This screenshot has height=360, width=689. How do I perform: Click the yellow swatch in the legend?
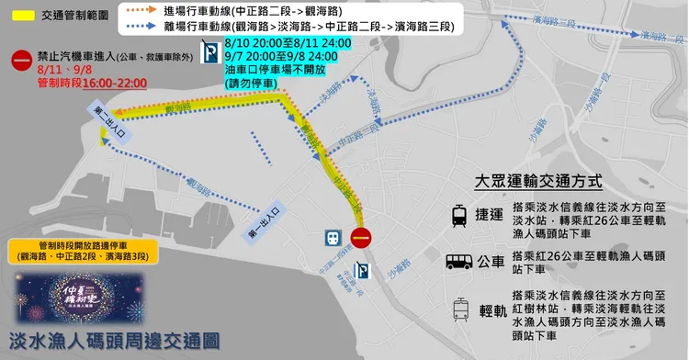pyautogui.click(x=21, y=17)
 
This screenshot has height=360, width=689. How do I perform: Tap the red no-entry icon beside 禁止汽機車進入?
pyautogui.click(x=19, y=62)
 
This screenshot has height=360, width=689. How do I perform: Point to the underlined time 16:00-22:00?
pyautogui.click(x=114, y=83)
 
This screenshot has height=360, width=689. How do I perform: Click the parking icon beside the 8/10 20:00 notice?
pyautogui.click(x=209, y=51)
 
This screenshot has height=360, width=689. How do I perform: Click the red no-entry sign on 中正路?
pyautogui.click(x=363, y=237)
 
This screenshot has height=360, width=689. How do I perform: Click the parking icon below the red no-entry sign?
pyautogui.click(x=364, y=271)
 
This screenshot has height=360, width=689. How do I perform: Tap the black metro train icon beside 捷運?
pyautogui.click(x=458, y=216)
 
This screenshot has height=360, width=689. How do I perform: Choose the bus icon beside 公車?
pyautogui.click(x=458, y=264)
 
